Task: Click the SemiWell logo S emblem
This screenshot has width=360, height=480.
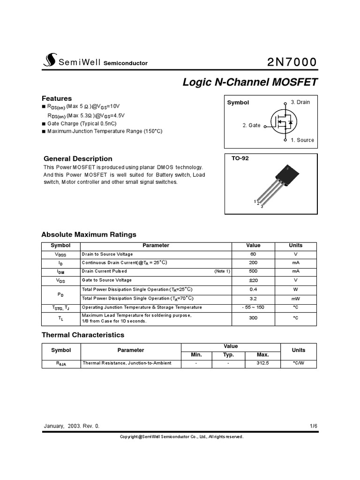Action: pyautogui.click(x=49, y=60)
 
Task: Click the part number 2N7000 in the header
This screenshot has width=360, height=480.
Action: pyautogui.click(x=292, y=62)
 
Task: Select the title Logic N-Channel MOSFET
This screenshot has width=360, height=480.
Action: pyautogui.click(x=250, y=82)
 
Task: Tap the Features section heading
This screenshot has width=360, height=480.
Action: pyautogui.click(x=57, y=98)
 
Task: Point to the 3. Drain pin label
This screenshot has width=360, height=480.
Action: pyautogui.click(x=300, y=102)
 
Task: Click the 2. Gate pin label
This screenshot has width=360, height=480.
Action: pyautogui.click(x=251, y=126)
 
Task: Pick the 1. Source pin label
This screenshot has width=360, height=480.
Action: pyautogui.click(x=302, y=140)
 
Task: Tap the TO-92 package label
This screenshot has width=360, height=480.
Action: pyautogui.click(x=240, y=158)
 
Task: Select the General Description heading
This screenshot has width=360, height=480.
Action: pyautogui.click(x=78, y=158)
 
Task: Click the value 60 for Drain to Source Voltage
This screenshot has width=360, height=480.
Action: pyautogui.click(x=253, y=254)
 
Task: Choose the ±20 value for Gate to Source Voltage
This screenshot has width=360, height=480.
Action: pyautogui.click(x=253, y=280)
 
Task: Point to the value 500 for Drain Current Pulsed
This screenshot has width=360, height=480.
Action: pyautogui.click(x=253, y=271)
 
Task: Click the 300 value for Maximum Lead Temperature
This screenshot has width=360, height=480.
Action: pyautogui.click(x=253, y=318)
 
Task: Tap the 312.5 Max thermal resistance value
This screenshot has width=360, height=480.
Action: pyautogui.click(x=263, y=363)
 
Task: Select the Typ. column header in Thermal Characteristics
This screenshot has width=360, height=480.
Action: pyautogui.click(x=228, y=355)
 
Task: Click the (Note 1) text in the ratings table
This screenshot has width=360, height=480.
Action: pyautogui.click(x=222, y=271)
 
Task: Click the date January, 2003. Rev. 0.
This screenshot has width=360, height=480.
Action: pyautogui.click(x=72, y=426)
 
